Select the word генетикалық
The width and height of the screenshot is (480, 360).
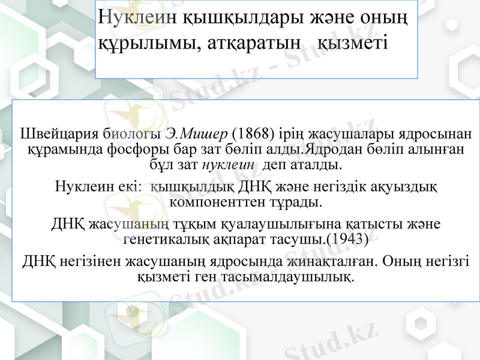click(x=161, y=239)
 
